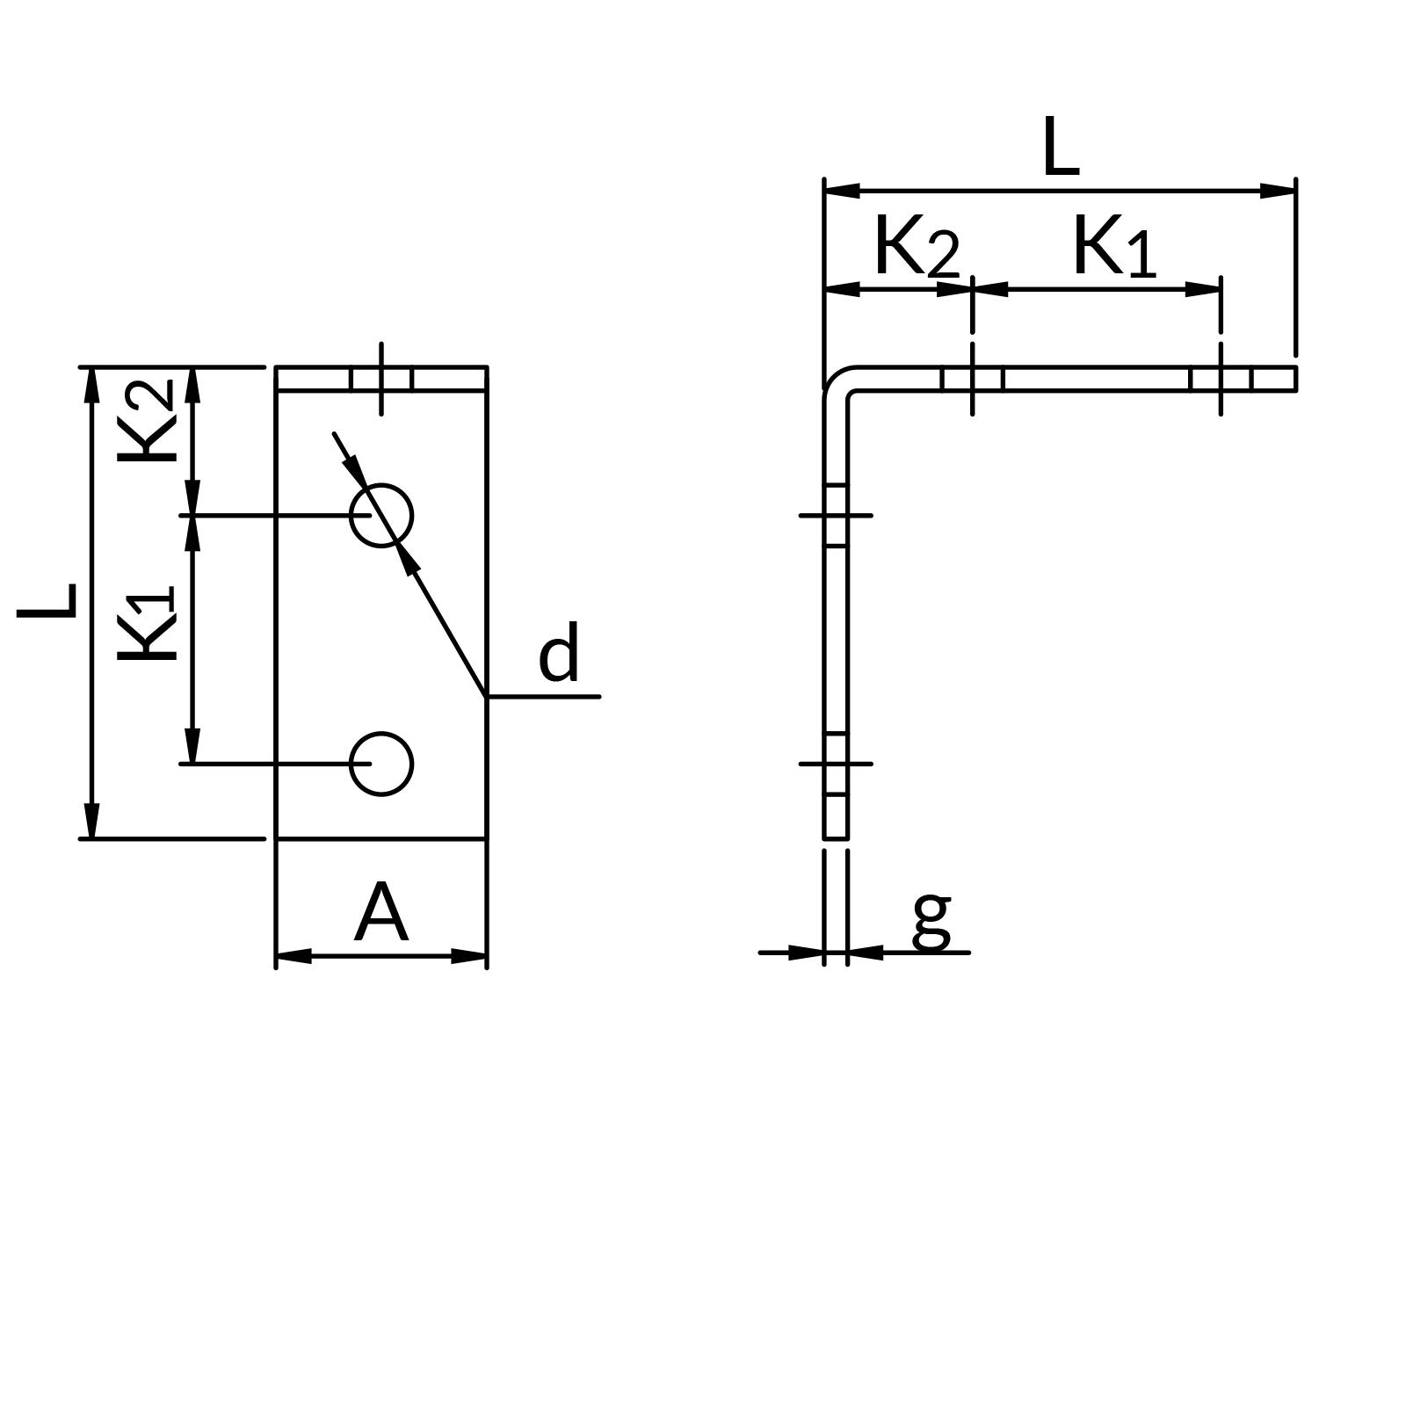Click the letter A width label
[380, 914]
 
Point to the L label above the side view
[1060, 148]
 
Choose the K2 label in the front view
[147, 420]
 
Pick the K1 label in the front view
[147, 624]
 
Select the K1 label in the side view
[1113, 248]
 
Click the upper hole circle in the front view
[381, 516]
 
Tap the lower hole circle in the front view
[381, 764]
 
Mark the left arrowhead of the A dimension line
[293, 956]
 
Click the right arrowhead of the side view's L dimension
[1279, 190]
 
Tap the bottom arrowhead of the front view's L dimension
[92, 823]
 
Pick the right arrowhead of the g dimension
[864, 952]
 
